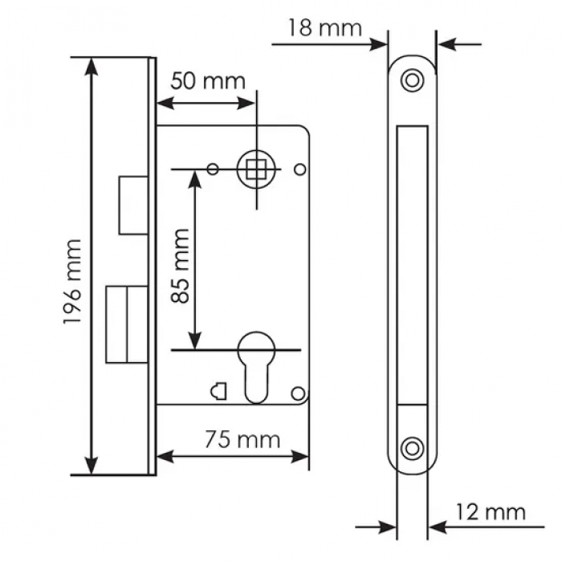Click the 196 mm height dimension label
(73, 282)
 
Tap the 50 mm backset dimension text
(208, 81)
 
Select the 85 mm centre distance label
(181, 266)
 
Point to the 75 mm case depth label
(242, 440)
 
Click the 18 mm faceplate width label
(325, 28)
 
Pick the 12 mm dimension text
(491, 512)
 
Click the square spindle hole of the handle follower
(256, 169)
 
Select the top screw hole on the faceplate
(412, 80)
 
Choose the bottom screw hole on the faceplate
(412, 449)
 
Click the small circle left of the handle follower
(213, 169)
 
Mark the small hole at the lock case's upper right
(300, 169)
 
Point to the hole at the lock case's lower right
(298, 393)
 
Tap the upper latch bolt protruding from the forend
(133, 205)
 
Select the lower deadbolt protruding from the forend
(127, 324)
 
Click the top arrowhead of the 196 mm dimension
(92, 67)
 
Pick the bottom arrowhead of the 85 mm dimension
(194, 340)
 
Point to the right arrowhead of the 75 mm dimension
(299, 457)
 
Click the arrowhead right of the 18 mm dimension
(447, 45)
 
